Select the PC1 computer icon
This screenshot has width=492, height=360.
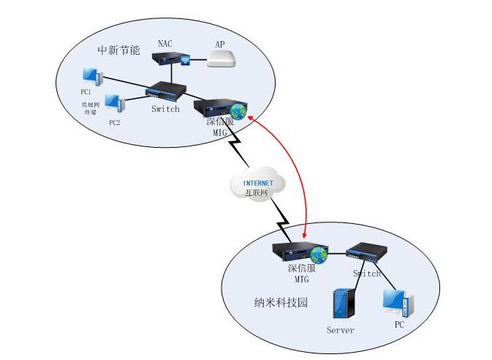coord(91,76)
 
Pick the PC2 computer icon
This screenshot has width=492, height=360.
coord(114,103)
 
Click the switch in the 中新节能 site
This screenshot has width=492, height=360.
coord(162,91)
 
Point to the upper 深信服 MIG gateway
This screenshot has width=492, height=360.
coord(221,107)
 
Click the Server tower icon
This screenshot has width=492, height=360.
coord(342,305)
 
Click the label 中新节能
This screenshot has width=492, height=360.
coord(118,50)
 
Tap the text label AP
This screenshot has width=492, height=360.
coord(219,44)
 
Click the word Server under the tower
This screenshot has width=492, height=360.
coord(341,330)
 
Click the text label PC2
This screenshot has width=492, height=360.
coord(114,122)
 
